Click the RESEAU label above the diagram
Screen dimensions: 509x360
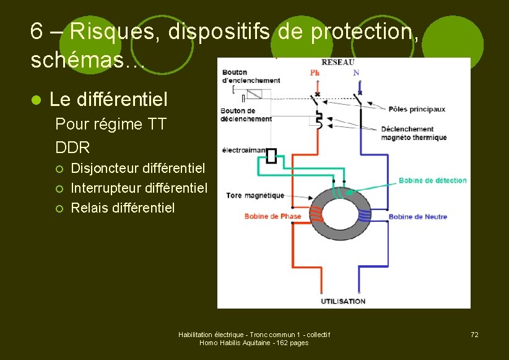click(x=337, y=62)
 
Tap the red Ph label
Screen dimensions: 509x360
click(x=315, y=72)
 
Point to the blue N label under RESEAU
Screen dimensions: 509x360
click(x=356, y=72)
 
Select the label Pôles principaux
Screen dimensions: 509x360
click(x=417, y=110)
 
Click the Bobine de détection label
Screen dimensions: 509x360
click(x=432, y=180)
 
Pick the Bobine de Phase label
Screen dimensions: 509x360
click(x=272, y=216)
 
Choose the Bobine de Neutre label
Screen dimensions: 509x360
click(x=417, y=217)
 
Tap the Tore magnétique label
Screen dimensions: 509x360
click(x=255, y=195)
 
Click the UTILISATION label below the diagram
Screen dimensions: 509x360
click(x=342, y=301)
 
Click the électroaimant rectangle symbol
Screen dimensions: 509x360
click(x=271, y=156)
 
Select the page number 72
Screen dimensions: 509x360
click(x=474, y=335)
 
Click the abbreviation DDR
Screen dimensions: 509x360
click(x=72, y=147)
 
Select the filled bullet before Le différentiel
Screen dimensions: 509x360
click(x=36, y=100)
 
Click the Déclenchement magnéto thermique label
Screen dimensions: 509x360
click(x=414, y=133)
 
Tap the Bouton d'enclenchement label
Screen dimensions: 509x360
click(x=251, y=76)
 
